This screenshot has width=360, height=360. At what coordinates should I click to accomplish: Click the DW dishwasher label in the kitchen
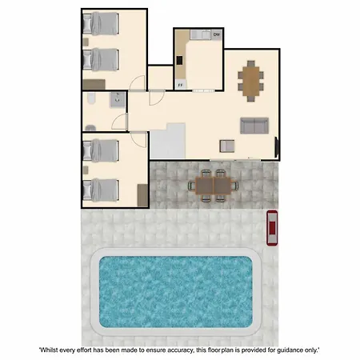coord(217,34)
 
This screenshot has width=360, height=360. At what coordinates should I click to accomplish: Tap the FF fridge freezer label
coord(180,85)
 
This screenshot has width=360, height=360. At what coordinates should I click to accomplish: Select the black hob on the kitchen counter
coord(179,60)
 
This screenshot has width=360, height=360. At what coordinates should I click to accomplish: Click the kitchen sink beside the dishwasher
coord(200,34)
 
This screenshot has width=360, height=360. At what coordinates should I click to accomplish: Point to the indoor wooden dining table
coord(250,81)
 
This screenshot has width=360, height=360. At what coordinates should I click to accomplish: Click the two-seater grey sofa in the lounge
coord(254,126)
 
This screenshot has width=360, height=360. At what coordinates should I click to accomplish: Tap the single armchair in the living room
coord(227,146)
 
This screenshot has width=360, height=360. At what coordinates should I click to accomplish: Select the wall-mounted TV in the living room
coord(277,147)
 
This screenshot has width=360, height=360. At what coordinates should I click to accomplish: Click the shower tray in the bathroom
coord(118,99)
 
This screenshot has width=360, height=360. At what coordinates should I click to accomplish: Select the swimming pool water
coord(176,292)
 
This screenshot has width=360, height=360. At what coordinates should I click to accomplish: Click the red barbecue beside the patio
coord(272,228)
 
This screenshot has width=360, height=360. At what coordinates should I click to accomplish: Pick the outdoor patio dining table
coord(213,186)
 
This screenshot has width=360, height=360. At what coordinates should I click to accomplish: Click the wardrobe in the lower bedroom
coord(142,195)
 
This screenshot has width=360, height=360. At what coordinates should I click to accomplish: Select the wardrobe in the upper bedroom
coord(94,85)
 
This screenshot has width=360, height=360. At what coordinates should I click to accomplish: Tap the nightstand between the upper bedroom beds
coord(86,42)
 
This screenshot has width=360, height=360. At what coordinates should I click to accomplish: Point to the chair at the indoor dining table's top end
coord(250,64)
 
